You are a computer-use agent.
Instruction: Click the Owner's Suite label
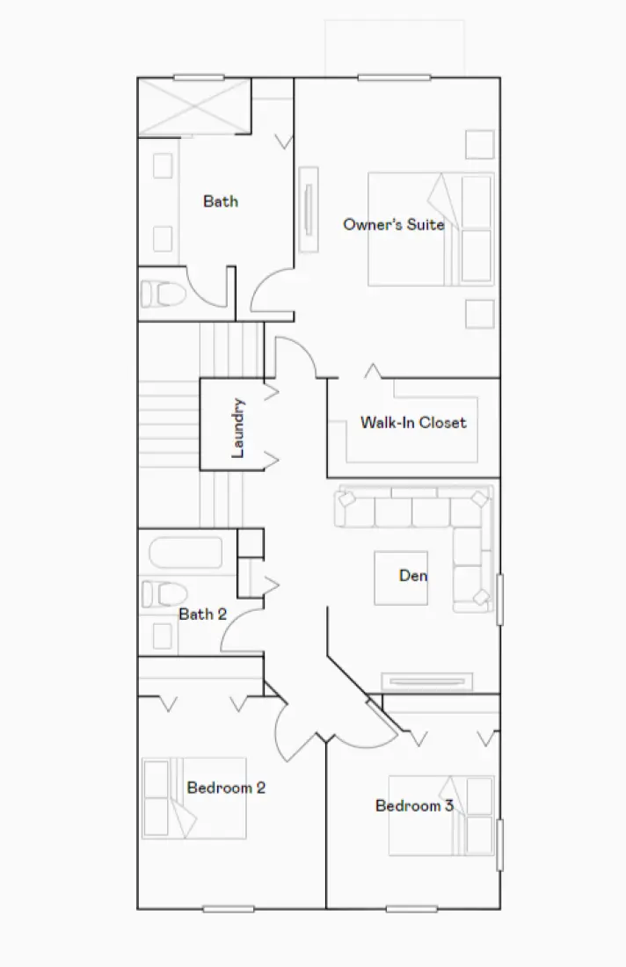(x=393, y=224)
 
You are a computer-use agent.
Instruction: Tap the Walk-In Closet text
(x=413, y=423)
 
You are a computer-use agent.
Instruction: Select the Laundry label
(x=237, y=428)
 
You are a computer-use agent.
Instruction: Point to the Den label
(x=413, y=576)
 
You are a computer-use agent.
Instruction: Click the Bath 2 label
(x=202, y=614)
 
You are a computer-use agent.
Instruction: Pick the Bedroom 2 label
(x=226, y=788)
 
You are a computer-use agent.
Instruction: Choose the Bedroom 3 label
(x=414, y=805)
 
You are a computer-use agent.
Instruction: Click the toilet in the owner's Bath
(x=163, y=294)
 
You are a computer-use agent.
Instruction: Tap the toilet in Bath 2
(x=160, y=594)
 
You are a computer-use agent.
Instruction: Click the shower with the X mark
(x=194, y=106)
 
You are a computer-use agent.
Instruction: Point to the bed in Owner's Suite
(x=429, y=229)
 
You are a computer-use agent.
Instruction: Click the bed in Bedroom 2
(x=194, y=798)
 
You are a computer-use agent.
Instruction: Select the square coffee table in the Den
(x=401, y=578)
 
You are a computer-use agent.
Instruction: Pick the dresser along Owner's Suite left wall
(x=308, y=209)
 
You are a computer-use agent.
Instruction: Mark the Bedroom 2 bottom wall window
(x=229, y=908)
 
